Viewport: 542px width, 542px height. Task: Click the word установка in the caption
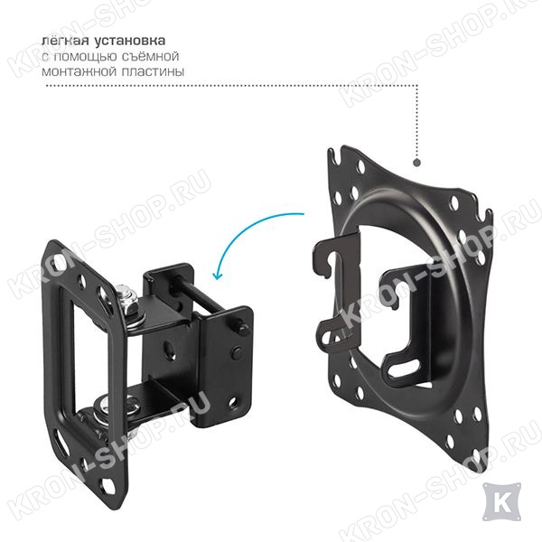pos(129,41)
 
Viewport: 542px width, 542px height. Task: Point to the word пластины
pos(153,71)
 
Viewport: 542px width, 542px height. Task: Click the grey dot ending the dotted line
pos(416,163)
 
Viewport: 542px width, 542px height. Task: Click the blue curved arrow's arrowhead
pos(217,275)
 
